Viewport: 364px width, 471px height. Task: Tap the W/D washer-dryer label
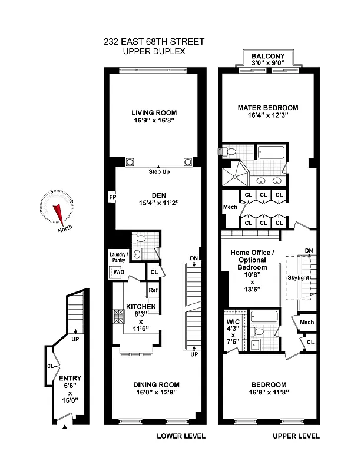118,272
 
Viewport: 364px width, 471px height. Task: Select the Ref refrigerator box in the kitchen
153,290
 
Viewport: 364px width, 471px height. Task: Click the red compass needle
58,211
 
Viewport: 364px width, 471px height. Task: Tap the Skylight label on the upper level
298,277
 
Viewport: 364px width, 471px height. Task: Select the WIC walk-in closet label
232,322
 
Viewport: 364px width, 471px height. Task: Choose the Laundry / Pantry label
118,257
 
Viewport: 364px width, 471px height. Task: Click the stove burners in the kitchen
115,318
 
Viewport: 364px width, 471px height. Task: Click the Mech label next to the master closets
230,207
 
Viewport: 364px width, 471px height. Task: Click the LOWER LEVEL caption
180,436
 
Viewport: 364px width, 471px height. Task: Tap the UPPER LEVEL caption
296,436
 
